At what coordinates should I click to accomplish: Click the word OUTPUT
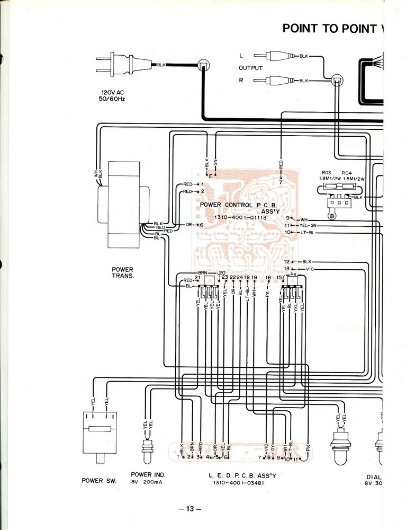click(x=250, y=68)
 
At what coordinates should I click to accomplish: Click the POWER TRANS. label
click(x=122, y=272)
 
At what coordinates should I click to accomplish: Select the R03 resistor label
click(x=326, y=173)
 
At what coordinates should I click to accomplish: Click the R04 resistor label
click(x=347, y=173)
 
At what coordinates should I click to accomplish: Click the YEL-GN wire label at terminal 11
click(x=306, y=226)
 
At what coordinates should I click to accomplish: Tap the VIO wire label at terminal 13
click(x=310, y=269)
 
